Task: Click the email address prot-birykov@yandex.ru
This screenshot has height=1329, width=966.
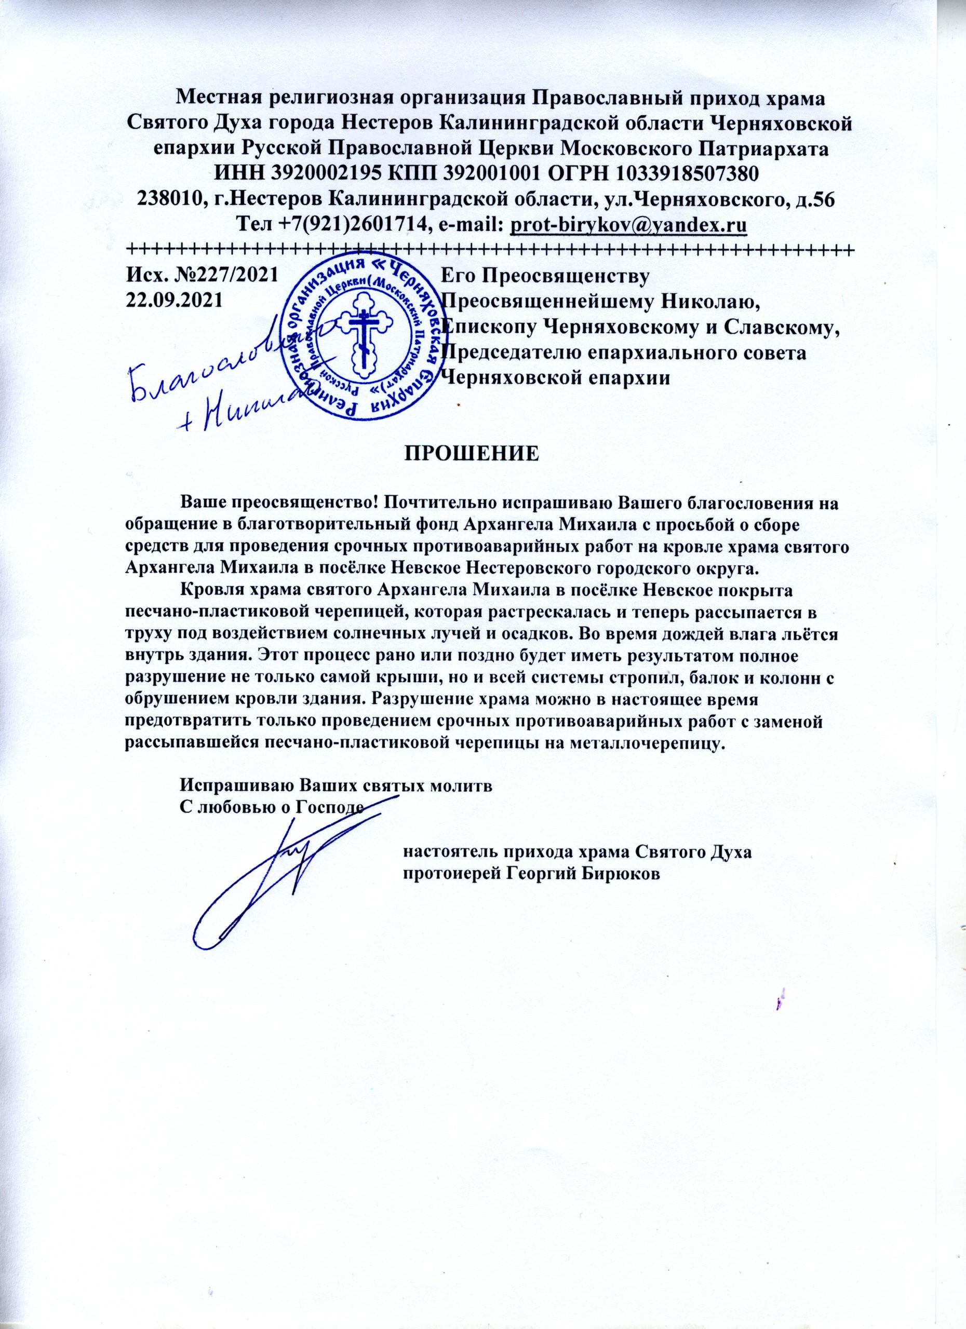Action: pos(628,224)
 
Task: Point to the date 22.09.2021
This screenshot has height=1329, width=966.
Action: pos(175,300)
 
